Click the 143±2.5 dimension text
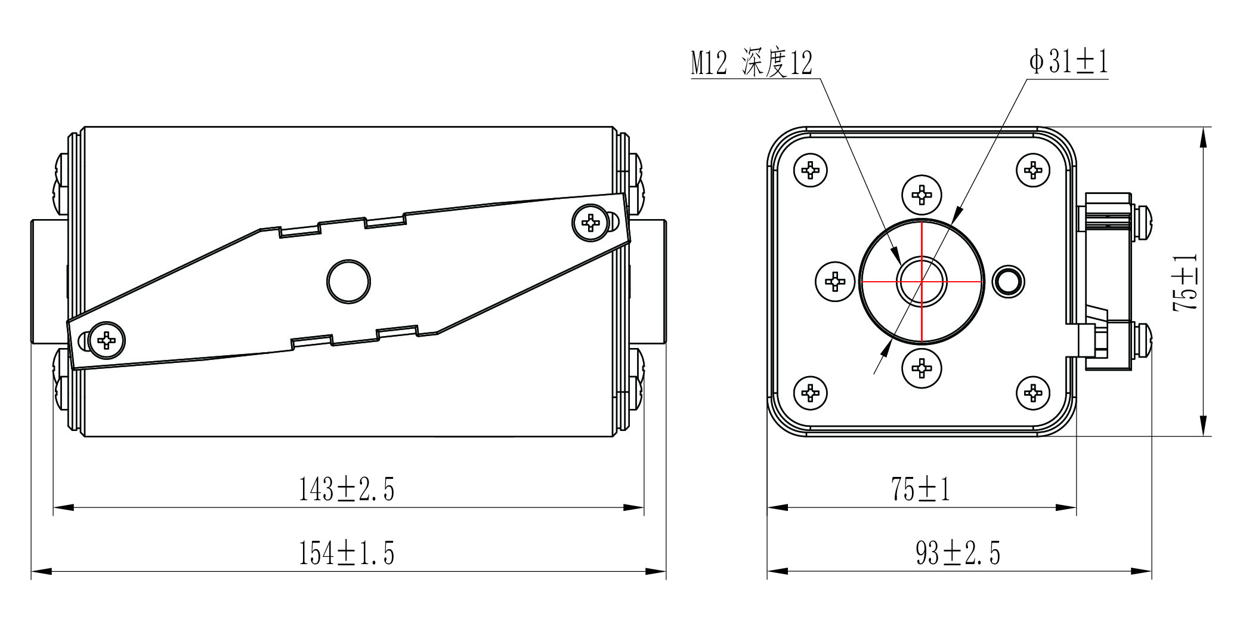(347, 489)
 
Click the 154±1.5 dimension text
(347, 553)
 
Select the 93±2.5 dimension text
(958, 553)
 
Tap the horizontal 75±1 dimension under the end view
(920, 489)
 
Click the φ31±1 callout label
(1068, 62)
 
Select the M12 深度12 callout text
(752, 63)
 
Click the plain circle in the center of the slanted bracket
(349, 281)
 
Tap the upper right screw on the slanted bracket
(590, 223)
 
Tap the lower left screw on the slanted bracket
(107, 340)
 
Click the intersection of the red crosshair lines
(922, 281)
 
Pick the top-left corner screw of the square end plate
(811, 170)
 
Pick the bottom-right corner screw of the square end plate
(1032, 393)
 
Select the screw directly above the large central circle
(922, 194)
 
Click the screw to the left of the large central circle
(835, 281)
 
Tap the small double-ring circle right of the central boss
(1008, 281)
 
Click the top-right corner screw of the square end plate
(1032, 170)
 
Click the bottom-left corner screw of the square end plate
(811, 393)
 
